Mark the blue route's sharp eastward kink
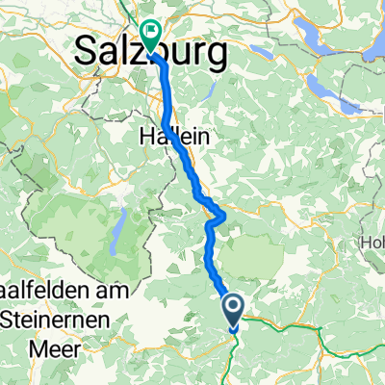tap(223, 214)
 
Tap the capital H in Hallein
tap(147, 136)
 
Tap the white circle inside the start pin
tap(234, 307)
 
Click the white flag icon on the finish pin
tap(150, 32)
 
